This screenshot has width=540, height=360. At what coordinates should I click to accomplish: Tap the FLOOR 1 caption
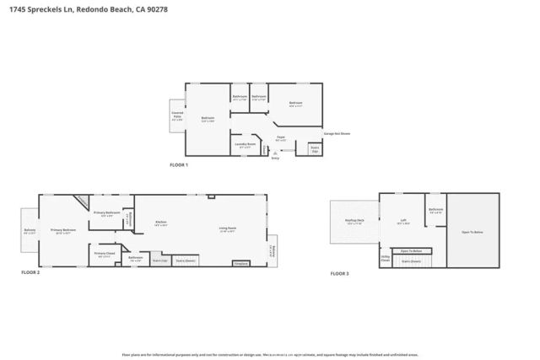coord(179,164)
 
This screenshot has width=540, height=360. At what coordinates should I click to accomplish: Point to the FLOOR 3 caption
coord(338,273)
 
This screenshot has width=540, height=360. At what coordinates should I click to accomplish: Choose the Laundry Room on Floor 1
coord(245,144)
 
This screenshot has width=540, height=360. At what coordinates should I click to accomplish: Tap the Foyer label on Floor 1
coord(280,137)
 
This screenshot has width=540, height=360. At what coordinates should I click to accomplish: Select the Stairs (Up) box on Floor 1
coord(315,148)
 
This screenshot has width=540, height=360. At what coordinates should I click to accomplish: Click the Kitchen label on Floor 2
coord(160,223)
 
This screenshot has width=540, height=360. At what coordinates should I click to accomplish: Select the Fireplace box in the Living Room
coord(240,263)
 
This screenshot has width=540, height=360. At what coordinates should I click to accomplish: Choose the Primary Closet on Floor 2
coord(105,254)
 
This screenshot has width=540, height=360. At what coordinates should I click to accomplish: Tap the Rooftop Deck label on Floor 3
coord(354,223)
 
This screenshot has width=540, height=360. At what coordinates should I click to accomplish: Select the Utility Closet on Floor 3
coord(385,259)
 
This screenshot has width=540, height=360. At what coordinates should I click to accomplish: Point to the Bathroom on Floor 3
coord(435,211)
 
